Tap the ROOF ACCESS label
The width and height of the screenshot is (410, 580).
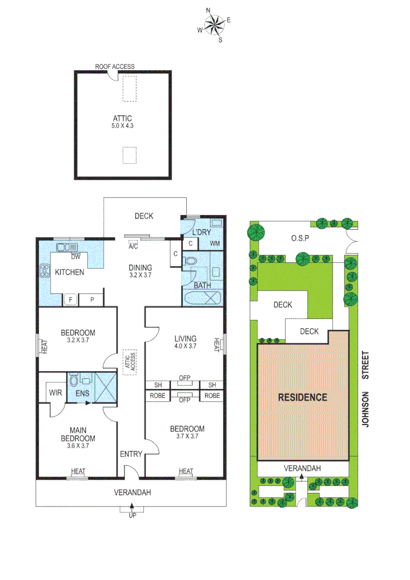[115, 67]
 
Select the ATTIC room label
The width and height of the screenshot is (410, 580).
[122, 119]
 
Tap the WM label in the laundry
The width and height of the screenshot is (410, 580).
[215, 244]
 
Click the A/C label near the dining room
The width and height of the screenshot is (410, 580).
[133, 247]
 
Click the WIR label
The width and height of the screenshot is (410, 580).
[56, 393]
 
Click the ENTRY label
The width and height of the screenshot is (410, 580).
[131, 454]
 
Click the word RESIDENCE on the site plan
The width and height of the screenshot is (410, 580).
[302, 397]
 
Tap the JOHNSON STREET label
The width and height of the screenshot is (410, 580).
[366, 389]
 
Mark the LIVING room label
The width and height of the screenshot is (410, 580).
[185, 338]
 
